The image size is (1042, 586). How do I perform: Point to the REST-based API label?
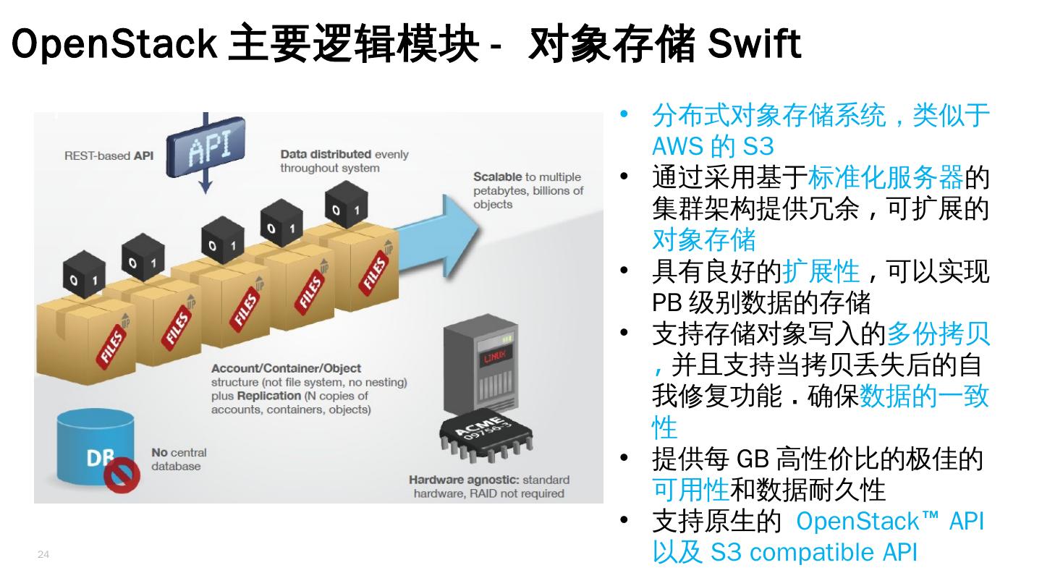(x=109, y=156)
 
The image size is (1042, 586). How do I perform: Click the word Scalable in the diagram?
(x=497, y=177)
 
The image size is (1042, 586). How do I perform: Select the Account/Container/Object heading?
(x=286, y=368)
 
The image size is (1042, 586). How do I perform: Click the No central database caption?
(x=179, y=459)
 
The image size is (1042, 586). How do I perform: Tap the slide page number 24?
(x=43, y=555)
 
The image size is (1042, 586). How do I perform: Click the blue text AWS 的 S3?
(x=713, y=146)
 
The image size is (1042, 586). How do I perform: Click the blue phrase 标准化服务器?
(x=886, y=177)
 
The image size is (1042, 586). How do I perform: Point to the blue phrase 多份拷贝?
(x=938, y=334)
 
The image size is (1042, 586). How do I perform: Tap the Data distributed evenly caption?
(x=344, y=161)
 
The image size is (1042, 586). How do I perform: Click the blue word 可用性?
(x=690, y=490)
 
